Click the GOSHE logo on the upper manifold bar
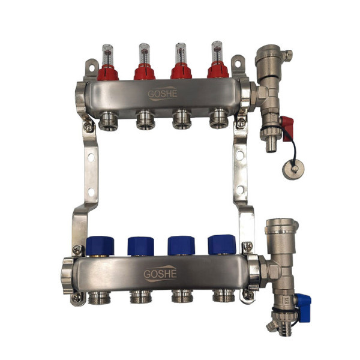[163, 94]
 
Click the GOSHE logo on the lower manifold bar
[160, 274]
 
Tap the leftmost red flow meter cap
[107, 73]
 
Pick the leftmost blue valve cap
[100, 246]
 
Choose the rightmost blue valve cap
[222, 245]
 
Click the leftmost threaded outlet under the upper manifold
[109, 121]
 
